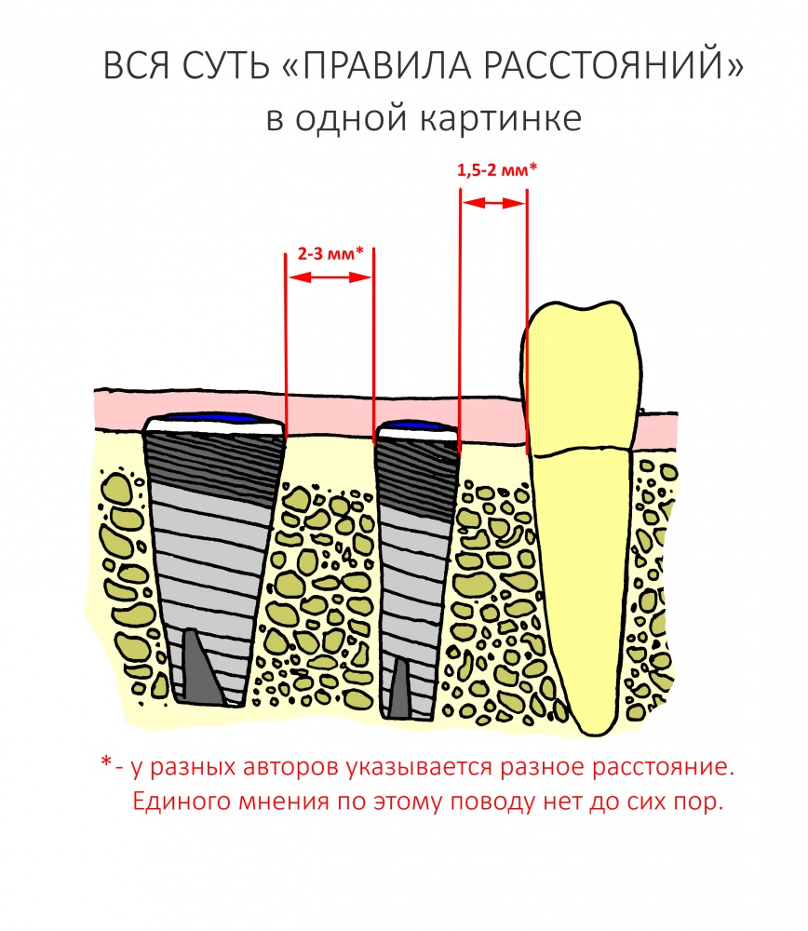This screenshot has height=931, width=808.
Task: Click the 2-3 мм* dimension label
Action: click(x=330, y=253)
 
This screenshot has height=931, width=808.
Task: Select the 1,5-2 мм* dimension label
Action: click(x=497, y=169)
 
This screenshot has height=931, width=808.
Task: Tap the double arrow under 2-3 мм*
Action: click(x=330, y=277)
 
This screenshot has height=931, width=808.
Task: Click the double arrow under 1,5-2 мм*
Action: click(x=494, y=203)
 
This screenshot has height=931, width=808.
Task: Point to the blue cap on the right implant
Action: click(x=418, y=425)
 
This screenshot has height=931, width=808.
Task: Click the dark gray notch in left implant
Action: click(x=201, y=667)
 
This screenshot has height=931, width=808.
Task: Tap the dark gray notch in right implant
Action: click(x=399, y=688)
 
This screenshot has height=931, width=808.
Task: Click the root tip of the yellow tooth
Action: click(x=591, y=732)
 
